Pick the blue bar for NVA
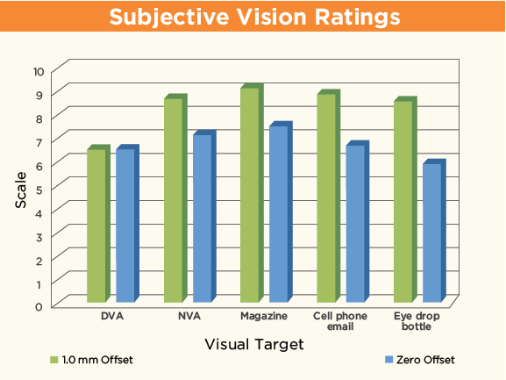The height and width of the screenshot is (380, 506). click(x=202, y=219)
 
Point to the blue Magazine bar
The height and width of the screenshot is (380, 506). click(x=279, y=215)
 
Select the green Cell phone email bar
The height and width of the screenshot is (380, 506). click(x=326, y=198)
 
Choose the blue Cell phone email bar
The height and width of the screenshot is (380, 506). click(x=355, y=225)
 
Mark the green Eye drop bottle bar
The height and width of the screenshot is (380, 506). click(x=403, y=202)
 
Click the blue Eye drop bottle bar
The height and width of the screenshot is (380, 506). click(x=432, y=233)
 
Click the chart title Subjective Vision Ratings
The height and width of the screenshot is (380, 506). click(x=253, y=18)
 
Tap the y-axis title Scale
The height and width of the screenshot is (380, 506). click(x=20, y=188)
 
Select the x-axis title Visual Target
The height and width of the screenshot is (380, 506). click(x=253, y=345)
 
